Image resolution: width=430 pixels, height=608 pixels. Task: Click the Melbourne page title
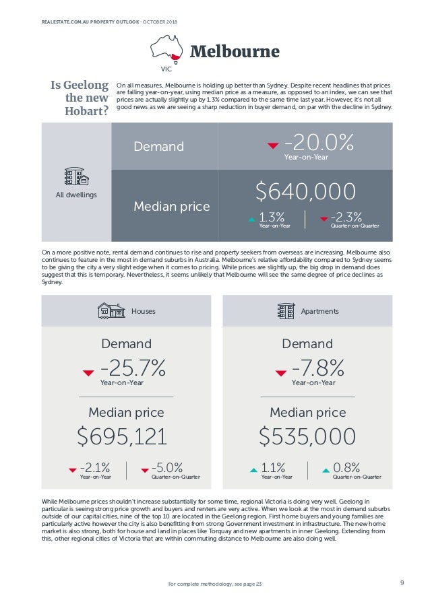[234, 52]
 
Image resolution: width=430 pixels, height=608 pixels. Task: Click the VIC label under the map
[166, 69]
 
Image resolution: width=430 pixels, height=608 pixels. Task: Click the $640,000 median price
[305, 191]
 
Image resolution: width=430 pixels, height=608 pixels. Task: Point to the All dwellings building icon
[76, 176]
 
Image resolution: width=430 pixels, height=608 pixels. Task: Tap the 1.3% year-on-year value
[272, 217]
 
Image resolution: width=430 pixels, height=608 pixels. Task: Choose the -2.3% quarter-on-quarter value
[346, 217]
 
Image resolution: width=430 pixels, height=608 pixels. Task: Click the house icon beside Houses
[111, 310]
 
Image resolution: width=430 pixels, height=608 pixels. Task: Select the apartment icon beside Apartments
[286, 310]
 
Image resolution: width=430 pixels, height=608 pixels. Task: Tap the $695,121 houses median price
[122, 436]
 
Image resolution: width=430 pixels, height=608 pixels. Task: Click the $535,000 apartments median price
[307, 436]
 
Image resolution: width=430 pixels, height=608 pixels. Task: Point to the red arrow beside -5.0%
[144, 470]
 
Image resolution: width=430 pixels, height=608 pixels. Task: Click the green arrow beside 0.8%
[326, 469]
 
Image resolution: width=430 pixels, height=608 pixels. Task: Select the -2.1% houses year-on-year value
[95, 467]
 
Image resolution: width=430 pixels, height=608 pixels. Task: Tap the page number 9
[402, 583]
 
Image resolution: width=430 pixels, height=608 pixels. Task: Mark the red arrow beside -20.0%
[272, 145]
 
